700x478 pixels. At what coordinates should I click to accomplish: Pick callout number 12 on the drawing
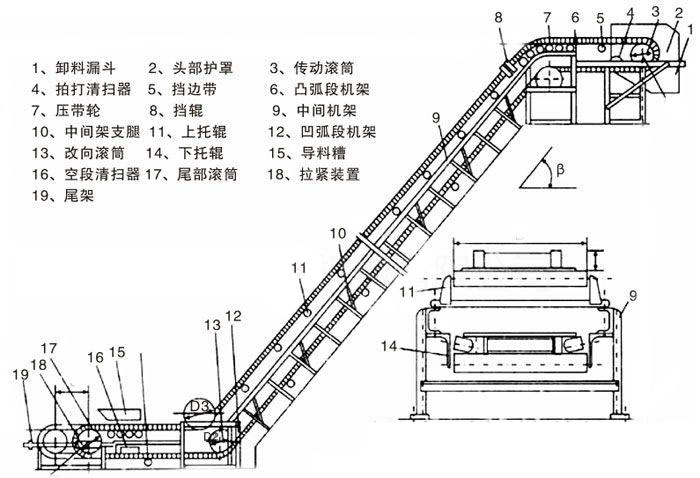(x=233, y=315)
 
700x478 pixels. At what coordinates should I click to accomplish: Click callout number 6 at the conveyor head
(x=574, y=17)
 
